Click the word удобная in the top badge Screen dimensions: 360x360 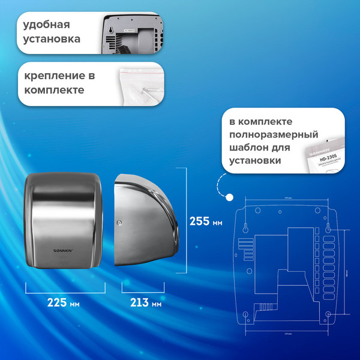click(x=47, y=25)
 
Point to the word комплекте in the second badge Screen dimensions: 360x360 click(x=54, y=91)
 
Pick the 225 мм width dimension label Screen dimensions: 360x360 click(x=64, y=303)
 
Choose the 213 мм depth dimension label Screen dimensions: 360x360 click(x=146, y=303)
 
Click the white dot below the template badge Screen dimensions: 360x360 click(x=229, y=196)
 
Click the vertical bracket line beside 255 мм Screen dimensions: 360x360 click(x=183, y=221)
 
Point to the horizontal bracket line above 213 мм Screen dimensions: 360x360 click(x=143, y=290)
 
